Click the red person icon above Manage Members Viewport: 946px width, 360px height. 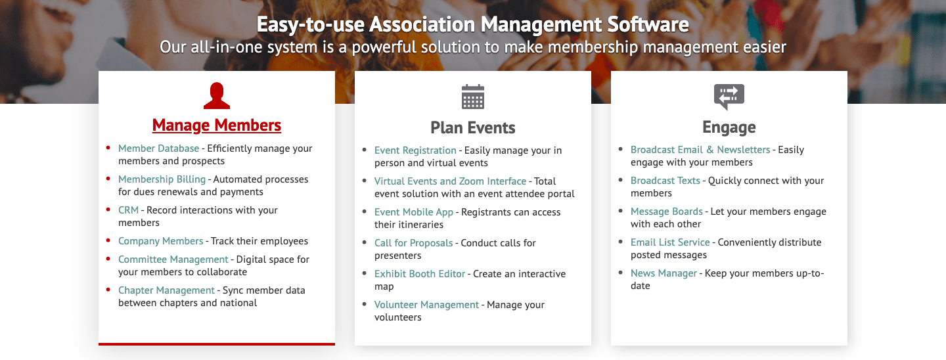pos(217,95)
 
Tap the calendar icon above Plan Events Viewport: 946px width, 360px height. pos(473,97)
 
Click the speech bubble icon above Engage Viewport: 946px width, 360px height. pos(729,97)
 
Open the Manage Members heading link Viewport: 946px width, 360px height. pos(217,125)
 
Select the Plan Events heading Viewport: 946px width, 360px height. pos(473,127)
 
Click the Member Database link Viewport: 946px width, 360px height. pos(158,148)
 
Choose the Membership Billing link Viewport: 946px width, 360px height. pos(162,179)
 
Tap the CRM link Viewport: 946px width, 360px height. pos(128,210)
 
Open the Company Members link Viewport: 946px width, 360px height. pos(160,241)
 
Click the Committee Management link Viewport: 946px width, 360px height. pos(173,259)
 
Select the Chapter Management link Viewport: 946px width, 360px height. pos(166,290)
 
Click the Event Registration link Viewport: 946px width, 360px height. pos(415,150)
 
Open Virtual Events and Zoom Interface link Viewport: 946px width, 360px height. pos(450,181)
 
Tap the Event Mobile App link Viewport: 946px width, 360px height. pos(413,212)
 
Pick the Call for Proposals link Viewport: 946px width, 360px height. pos(413,243)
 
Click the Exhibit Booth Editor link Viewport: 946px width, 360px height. pos(419,274)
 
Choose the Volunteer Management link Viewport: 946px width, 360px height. pos(426,305)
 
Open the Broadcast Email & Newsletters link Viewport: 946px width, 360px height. pos(700,150)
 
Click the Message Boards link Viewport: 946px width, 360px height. pos(666,212)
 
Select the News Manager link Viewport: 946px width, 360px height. pos(664,273)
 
